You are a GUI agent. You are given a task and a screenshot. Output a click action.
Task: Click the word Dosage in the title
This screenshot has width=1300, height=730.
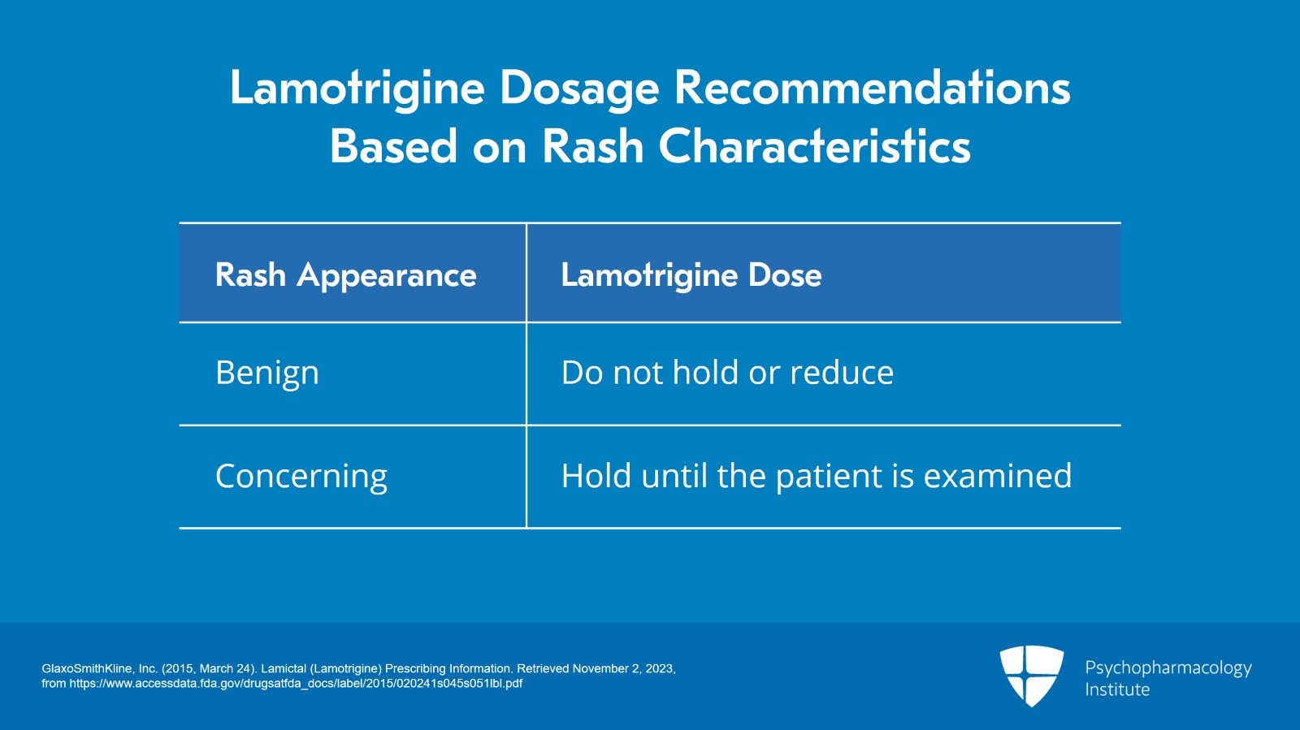pos(578,89)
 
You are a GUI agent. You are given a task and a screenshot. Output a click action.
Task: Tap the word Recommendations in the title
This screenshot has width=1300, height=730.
pos(873,87)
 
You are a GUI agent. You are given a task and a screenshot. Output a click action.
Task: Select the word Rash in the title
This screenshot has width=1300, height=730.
pos(592,147)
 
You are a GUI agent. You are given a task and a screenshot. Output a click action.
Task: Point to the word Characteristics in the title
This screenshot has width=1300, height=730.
pos(814,147)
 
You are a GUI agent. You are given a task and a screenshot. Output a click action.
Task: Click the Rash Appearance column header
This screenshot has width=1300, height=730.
pos(345,275)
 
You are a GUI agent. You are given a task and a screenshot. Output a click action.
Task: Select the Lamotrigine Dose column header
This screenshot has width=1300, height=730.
pos(691,275)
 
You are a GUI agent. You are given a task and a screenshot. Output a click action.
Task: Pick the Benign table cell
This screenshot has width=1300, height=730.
pos(267,373)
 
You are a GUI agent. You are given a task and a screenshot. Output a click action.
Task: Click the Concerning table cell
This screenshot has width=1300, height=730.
pos(301,477)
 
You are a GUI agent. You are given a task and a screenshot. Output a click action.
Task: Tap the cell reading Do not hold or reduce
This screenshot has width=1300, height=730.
pos(727,373)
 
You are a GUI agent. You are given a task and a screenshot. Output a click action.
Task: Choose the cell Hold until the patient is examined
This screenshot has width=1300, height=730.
pos(816,476)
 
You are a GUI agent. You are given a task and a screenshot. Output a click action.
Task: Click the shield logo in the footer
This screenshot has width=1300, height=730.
pos(1031,675)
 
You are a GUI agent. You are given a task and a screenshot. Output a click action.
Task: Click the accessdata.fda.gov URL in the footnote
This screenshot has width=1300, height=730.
pos(296,684)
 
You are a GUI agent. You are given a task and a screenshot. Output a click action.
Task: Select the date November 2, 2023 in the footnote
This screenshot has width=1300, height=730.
pos(623,669)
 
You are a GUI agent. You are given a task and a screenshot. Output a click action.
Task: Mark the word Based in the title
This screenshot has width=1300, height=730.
pos(393,147)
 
